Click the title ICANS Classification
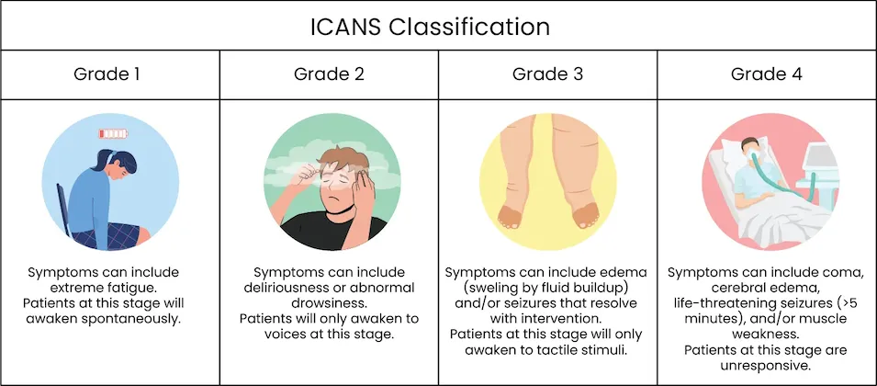click(430, 28)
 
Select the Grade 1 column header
click(107, 74)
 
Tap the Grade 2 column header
click(329, 74)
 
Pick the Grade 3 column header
click(547, 74)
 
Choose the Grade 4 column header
click(766, 74)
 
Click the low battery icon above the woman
click(113, 133)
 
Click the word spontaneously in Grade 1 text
click(138, 320)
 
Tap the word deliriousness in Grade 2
click(287, 288)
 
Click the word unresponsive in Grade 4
click(765, 366)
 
